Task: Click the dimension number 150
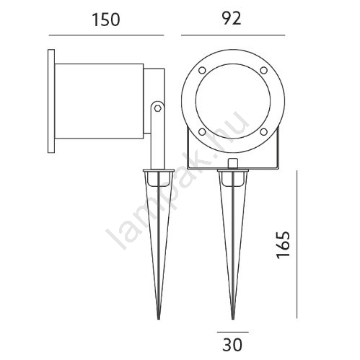pyautogui.click(x=106, y=19)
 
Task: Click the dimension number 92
pyautogui.click(x=232, y=18)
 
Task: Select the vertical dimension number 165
pyautogui.click(x=283, y=245)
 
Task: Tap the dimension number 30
pyautogui.click(x=232, y=345)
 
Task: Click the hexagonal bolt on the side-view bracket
pyautogui.click(x=157, y=108)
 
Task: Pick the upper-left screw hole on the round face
pyautogui.click(x=202, y=71)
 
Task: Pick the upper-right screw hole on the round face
pyautogui.click(x=264, y=70)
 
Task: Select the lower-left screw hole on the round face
pyautogui.click(x=202, y=132)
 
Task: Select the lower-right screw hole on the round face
pyautogui.click(x=264, y=132)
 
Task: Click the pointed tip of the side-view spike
pyautogui.click(x=159, y=319)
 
